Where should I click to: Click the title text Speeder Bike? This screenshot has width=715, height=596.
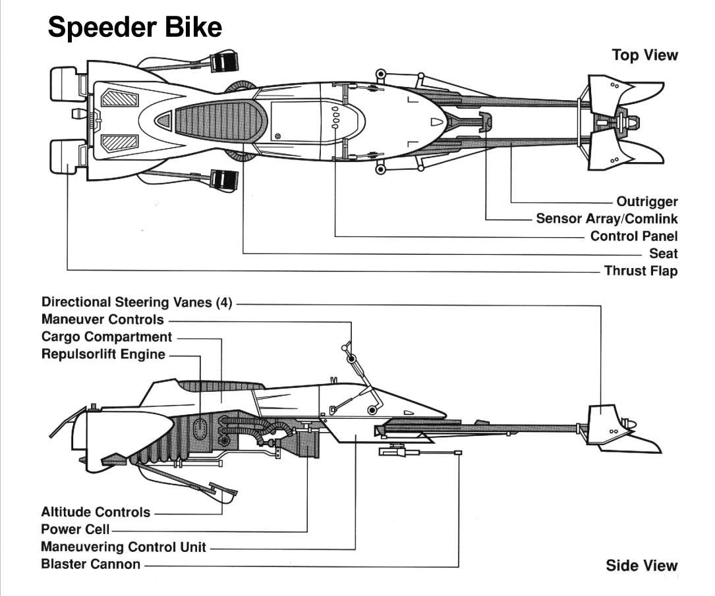tap(135, 28)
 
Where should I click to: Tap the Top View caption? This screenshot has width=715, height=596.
tap(644, 55)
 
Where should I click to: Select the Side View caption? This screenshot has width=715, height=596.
tap(641, 565)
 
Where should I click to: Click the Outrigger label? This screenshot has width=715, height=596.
tap(646, 202)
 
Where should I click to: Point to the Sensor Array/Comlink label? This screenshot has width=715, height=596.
tap(606, 219)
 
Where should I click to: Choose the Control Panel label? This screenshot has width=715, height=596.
tap(633, 236)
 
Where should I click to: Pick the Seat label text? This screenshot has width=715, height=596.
tap(663, 254)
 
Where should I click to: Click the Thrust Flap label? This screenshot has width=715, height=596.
tap(641, 271)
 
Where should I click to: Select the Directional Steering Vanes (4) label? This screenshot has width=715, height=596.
tap(137, 302)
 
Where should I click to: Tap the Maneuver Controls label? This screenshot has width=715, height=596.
tap(102, 319)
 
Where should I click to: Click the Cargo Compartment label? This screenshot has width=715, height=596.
tap(106, 337)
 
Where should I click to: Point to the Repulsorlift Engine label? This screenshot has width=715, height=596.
tap(103, 354)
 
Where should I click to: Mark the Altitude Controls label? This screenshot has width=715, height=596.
tap(96, 512)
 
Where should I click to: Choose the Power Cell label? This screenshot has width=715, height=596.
tap(75, 529)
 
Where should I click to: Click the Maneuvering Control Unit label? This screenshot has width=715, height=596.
tap(123, 547)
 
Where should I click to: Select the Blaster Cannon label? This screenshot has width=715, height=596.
tap(90, 564)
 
